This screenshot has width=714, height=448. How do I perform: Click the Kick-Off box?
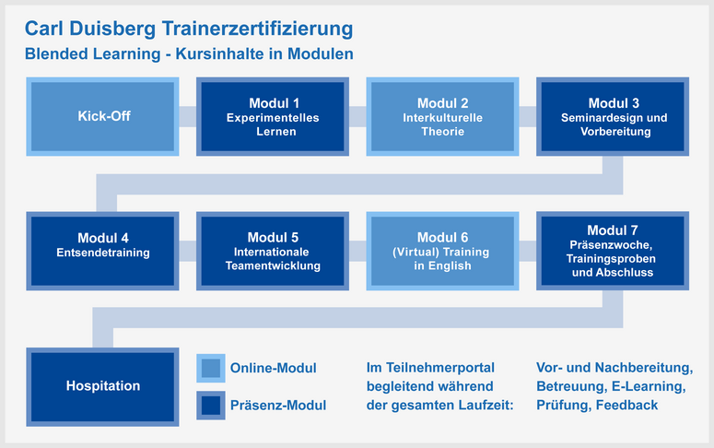click(x=102, y=116)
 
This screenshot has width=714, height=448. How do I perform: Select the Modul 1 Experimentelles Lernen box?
click(x=273, y=116)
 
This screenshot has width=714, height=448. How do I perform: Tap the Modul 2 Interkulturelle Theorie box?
click(x=442, y=116)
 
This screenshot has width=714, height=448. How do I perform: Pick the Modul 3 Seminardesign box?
click(x=613, y=116)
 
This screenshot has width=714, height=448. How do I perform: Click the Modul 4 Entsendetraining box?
click(x=102, y=251)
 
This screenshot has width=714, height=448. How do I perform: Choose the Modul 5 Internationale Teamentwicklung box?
click(x=273, y=251)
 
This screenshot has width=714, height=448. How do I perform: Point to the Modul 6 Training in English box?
click(x=442, y=251)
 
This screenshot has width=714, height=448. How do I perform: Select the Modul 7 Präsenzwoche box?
click(x=613, y=251)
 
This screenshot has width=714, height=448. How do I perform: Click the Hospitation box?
click(x=102, y=387)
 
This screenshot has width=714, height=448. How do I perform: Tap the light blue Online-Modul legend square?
click(x=211, y=368)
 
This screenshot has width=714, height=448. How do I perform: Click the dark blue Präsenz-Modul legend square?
click(x=211, y=406)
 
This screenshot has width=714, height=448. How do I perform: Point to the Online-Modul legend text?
click(x=274, y=368)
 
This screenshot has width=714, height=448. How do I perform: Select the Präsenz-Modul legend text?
click(x=278, y=406)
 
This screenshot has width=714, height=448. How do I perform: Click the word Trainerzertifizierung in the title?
click(x=257, y=29)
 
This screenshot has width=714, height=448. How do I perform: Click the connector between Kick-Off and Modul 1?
click(x=188, y=116)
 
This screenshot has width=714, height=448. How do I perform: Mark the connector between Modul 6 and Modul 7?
click(x=528, y=251)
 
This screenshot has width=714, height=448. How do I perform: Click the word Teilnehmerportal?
click(x=440, y=368)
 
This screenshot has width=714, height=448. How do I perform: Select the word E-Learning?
click(x=649, y=386)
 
